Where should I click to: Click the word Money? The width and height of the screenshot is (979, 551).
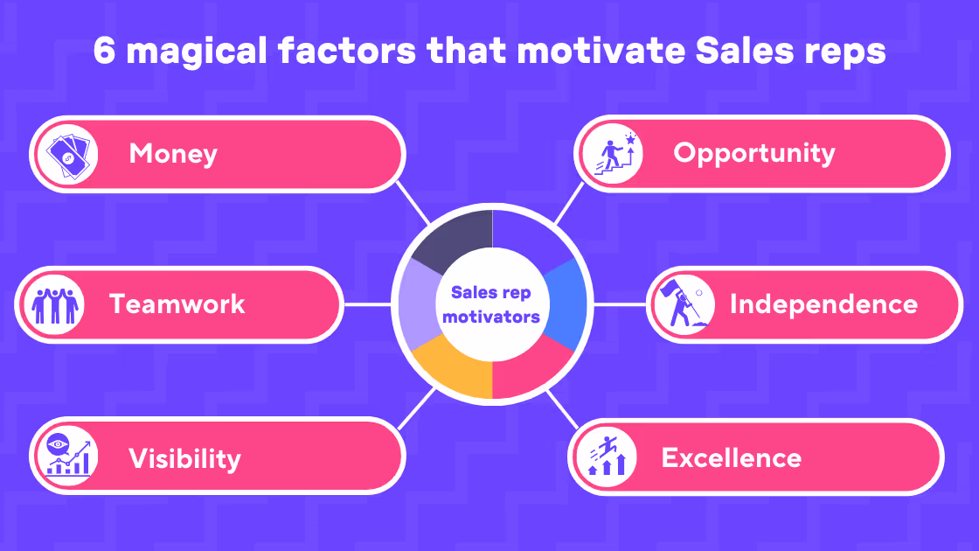click(x=173, y=154)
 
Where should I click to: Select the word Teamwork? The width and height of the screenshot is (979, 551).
click(x=177, y=304)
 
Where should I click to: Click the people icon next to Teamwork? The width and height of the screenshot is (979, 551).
click(x=55, y=305)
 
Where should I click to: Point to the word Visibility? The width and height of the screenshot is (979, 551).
click(x=184, y=458)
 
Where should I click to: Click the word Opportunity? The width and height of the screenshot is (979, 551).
click(x=754, y=154)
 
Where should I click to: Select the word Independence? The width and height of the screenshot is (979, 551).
click(x=823, y=304)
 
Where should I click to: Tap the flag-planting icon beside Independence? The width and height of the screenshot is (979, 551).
click(x=684, y=305)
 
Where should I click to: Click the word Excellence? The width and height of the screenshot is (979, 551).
click(x=731, y=458)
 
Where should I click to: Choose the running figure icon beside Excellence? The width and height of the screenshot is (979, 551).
click(x=607, y=456)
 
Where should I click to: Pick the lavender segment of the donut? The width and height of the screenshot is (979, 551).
click(x=419, y=304)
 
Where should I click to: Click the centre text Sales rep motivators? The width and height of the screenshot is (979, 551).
click(x=491, y=304)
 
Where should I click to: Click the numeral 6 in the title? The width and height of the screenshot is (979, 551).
click(x=104, y=51)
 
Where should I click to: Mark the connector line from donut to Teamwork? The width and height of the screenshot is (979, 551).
click(x=368, y=304)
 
